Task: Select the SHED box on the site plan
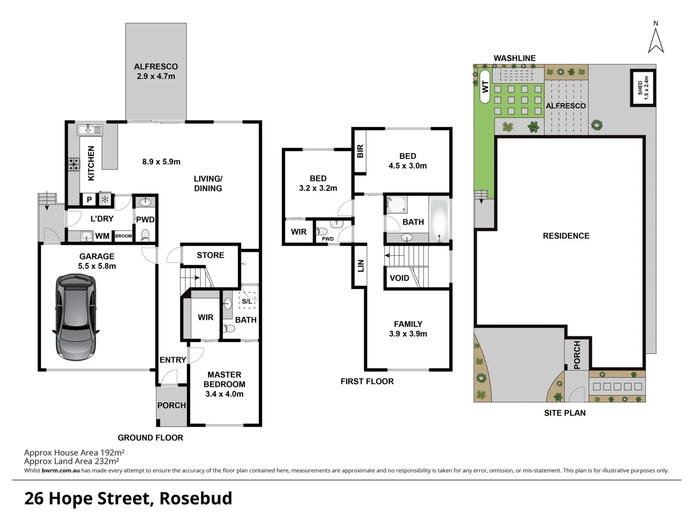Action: [643, 88]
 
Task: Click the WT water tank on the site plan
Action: [485, 86]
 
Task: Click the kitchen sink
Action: [90, 130]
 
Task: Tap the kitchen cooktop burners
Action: [74, 164]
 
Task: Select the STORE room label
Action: [211, 255]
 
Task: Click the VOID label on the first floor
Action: [399, 278]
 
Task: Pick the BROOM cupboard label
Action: [124, 236]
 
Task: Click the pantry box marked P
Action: [89, 200]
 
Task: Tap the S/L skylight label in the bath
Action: [247, 301]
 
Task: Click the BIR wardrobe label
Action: [360, 151]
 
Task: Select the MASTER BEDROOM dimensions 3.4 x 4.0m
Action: [225, 394]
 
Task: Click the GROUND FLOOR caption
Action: [151, 438]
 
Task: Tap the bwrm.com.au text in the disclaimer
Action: [61, 471]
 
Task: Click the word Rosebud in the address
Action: [196, 498]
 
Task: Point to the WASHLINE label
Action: [515, 58]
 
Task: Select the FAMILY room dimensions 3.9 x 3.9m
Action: [408, 334]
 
